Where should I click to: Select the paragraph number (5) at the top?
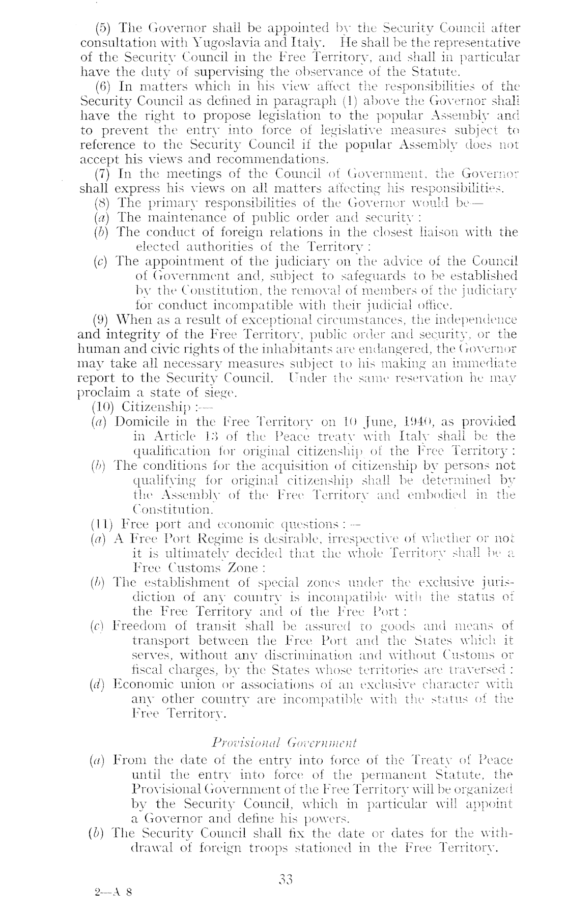104,28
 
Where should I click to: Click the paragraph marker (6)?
104,86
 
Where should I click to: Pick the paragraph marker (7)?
104,174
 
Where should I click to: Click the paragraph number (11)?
101,523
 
